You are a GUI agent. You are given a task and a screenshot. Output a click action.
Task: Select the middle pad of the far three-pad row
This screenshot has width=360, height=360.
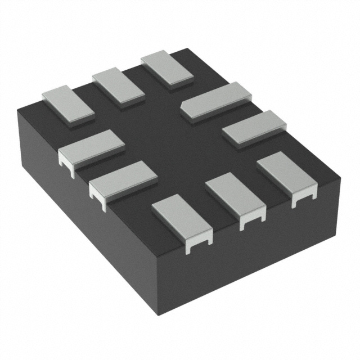tap(118, 87)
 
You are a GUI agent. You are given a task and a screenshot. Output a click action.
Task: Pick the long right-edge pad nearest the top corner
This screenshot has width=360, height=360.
tap(215, 100)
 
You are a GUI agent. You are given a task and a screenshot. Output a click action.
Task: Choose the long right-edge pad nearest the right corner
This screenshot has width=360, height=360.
tap(254, 128)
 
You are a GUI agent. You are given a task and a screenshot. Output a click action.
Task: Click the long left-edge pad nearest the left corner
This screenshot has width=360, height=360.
tap(91, 147)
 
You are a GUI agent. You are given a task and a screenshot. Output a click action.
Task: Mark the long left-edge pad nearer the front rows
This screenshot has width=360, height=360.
tap(123, 179)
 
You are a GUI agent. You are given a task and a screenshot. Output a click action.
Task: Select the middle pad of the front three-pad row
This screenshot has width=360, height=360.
tap(235, 196)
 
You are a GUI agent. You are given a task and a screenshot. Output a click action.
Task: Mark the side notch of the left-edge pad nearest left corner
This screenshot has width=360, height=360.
tap(67, 168)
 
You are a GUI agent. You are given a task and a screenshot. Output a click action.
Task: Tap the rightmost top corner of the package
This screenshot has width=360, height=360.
tap(341, 178)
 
